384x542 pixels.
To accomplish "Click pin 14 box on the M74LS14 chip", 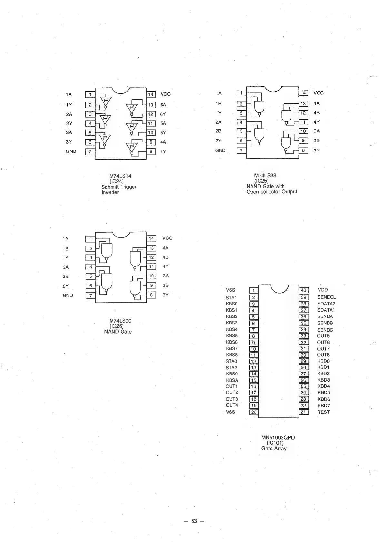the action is (x=151, y=94).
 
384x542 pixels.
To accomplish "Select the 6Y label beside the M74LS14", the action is (x=163, y=114).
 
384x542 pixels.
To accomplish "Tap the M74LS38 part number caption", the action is (x=265, y=176).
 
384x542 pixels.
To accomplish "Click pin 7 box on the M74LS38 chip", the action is (x=241, y=150).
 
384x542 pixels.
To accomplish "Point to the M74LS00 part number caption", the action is (x=120, y=321).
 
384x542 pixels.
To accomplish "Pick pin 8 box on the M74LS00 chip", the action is (x=151, y=295).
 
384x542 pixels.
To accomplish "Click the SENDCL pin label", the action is (x=326, y=297).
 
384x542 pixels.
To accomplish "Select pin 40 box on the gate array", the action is (x=304, y=290).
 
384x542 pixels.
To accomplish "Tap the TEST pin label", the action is (x=323, y=412).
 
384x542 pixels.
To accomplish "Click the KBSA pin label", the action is (x=232, y=380).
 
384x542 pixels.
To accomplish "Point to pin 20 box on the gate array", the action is (x=254, y=412).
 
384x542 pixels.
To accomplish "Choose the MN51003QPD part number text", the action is (x=278, y=438).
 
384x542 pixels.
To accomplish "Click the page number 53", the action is (x=194, y=521).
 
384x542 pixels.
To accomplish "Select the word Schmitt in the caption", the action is (x=110, y=187).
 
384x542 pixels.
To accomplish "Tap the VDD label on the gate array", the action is (x=322, y=290).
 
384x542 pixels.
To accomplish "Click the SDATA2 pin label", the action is (x=326, y=304).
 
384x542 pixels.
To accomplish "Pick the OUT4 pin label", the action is (x=231, y=405).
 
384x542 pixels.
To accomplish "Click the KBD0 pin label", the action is (x=323, y=361).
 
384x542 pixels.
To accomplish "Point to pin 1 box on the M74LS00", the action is (x=91, y=239).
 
